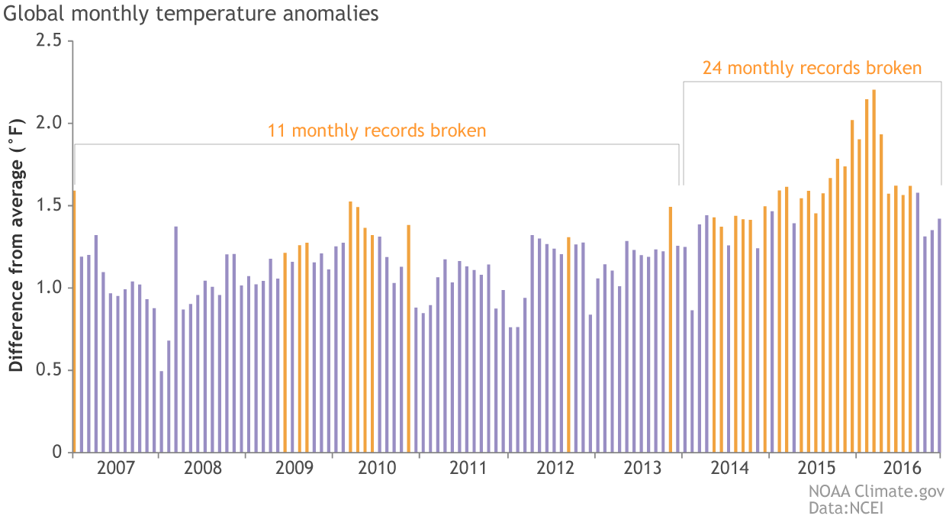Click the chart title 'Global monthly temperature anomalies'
[x=191, y=15]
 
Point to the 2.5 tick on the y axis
[x=50, y=40]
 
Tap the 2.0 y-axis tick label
[x=50, y=123]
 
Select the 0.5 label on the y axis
[x=50, y=370]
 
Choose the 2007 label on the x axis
[x=116, y=468]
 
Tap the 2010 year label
[x=377, y=468]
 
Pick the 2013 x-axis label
[x=638, y=468]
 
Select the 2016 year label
[x=898, y=468]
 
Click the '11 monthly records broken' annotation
[x=377, y=131]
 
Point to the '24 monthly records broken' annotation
[x=812, y=68]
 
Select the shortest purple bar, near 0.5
[x=162, y=412]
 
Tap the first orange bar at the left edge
[x=74, y=321]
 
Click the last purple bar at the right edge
[x=939, y=336]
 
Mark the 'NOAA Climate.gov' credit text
[x=876, y=491]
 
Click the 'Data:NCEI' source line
[x=845, y=506]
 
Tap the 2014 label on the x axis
[x=725, y=468]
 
